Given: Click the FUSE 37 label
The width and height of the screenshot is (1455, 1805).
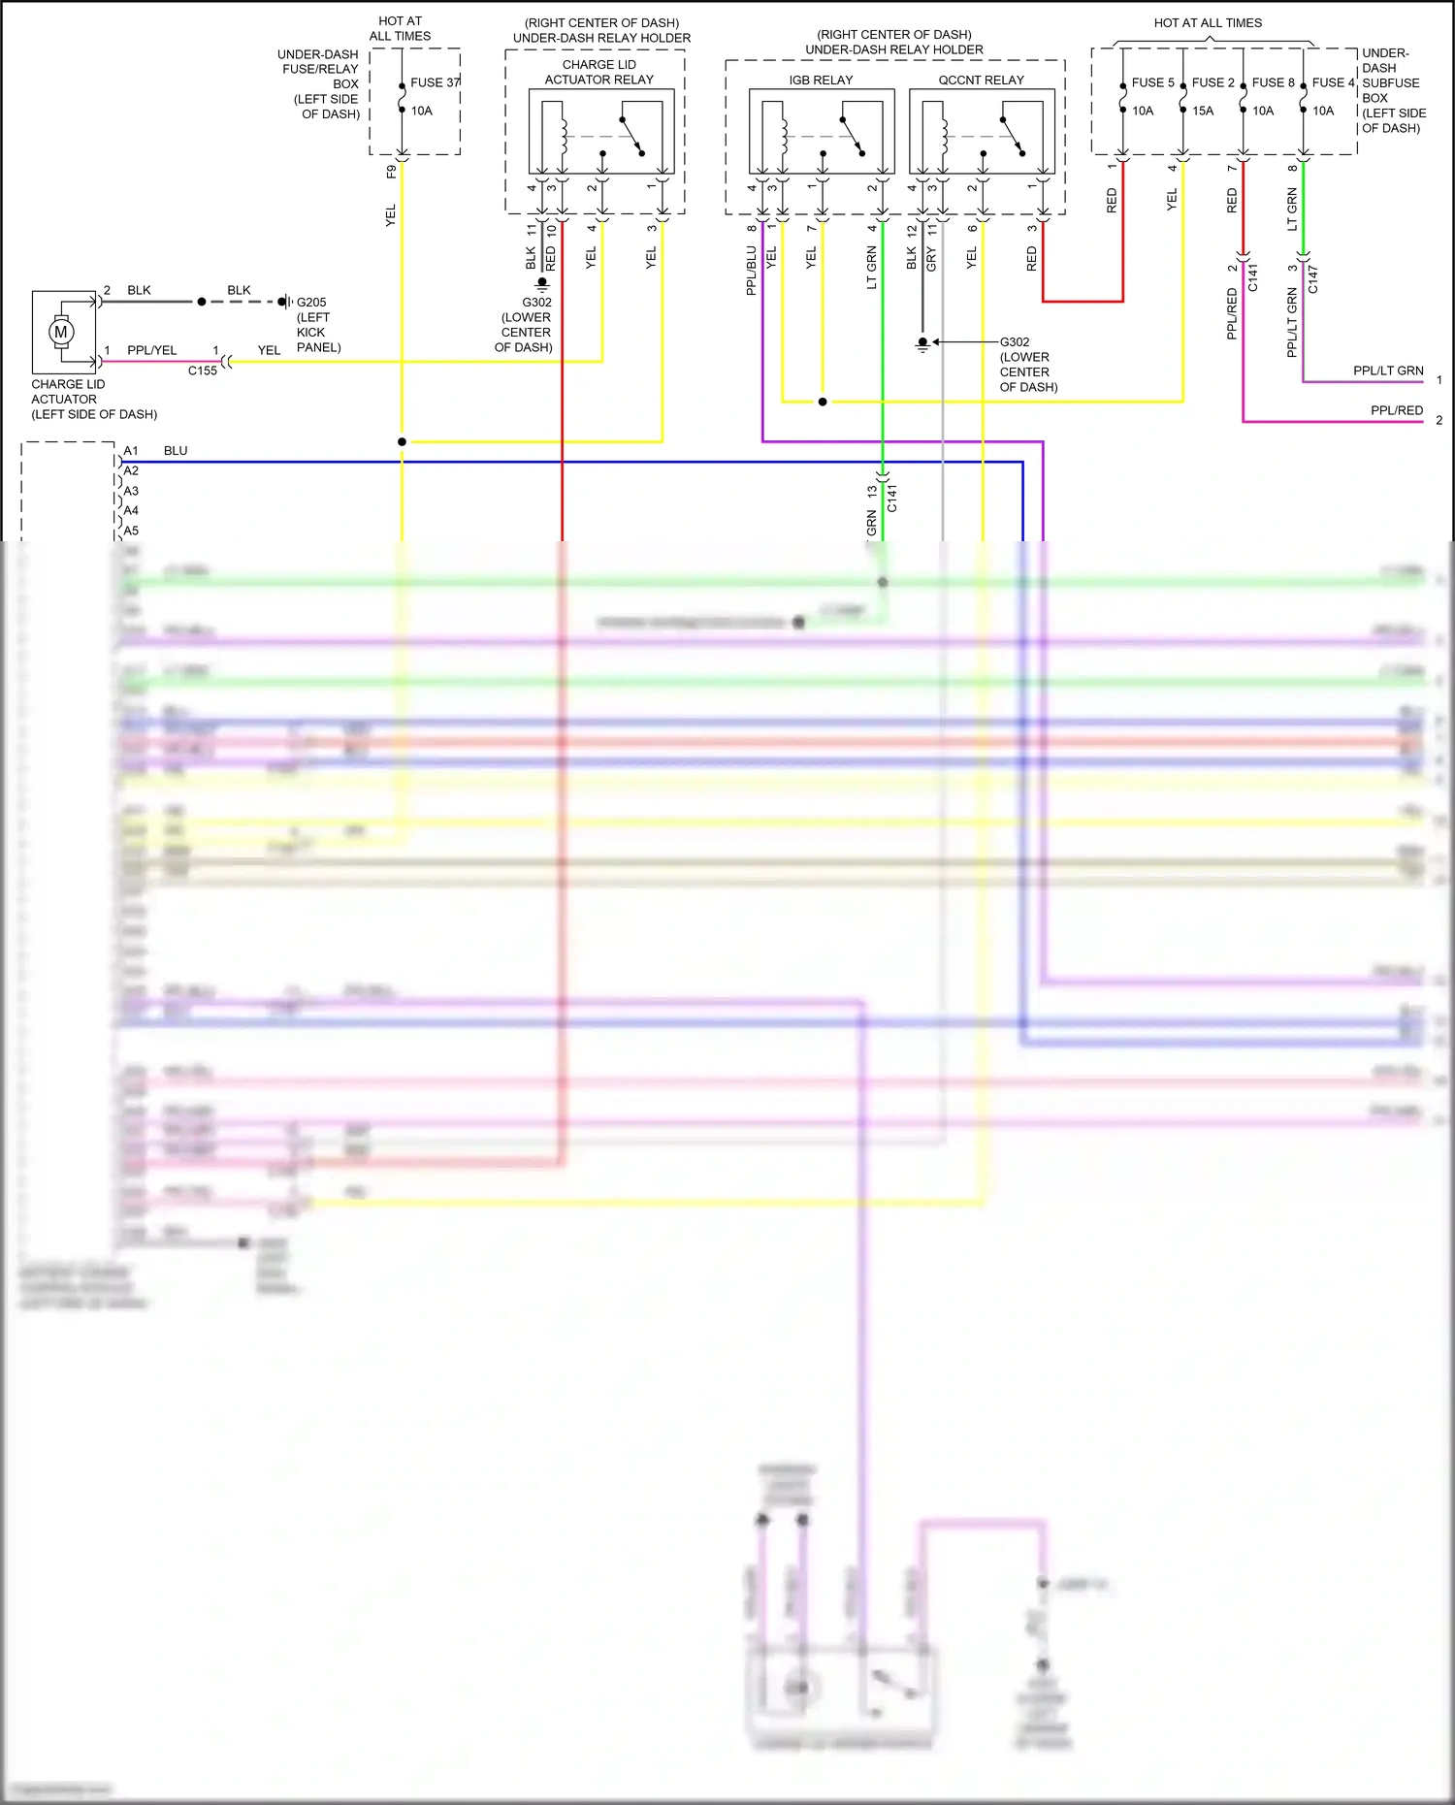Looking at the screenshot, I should (x=435, y=82).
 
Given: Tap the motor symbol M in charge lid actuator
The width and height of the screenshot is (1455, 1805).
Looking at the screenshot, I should (x=61, y=332).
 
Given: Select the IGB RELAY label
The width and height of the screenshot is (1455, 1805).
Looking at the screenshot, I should (x=821, y=80).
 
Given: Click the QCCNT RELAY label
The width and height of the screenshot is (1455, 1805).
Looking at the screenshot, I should (x=981, y=80).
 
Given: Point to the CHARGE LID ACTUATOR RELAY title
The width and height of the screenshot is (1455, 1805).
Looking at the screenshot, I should (x=598, y=72).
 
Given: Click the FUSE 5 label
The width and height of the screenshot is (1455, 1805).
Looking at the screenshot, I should (x=1152, y=82).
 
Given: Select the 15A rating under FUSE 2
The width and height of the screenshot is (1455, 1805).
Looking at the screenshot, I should (x=1203, y=111).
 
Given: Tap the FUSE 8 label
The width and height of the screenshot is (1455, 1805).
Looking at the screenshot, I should (x=1273, y=82).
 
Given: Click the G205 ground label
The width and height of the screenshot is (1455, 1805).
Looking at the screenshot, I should (x=311, y=302).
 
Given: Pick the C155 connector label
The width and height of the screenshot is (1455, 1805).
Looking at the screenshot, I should (x=203, y=371).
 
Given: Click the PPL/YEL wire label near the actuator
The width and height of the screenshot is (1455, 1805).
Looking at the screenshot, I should (x=152, y=350).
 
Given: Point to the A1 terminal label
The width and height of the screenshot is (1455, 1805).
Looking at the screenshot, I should (x=131, y=450).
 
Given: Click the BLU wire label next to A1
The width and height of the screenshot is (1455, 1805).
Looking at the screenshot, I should (x=176, y=450).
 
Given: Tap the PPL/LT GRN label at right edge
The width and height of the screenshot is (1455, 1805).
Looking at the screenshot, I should (x=1388, y=371).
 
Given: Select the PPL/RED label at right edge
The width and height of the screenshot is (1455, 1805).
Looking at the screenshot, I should (x=1397, y=410).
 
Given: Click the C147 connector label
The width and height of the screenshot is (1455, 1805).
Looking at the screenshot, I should (x=1313, y=278).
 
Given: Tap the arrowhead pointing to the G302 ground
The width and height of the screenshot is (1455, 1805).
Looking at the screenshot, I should (x=936, y=341).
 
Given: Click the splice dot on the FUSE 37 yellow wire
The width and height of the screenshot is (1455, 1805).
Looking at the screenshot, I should (x=402, y=441).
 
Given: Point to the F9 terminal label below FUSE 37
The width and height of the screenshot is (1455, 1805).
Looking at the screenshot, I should (x=391, y=172).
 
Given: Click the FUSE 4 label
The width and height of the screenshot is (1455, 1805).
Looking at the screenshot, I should (x=1333, y=82).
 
